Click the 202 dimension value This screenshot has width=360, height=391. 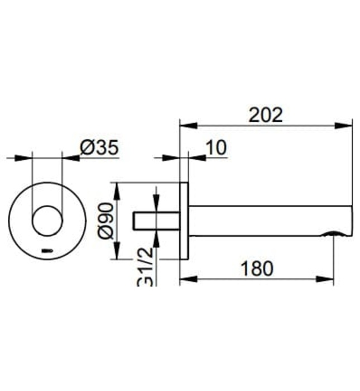click(266, 115)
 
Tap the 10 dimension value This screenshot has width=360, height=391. click(216, 148)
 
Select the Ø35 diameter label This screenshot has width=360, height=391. click(99, 148)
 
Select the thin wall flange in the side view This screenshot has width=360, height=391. click(184, 221)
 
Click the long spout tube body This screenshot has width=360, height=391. click(268, 221)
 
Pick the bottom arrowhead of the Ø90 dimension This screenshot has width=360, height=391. click(117, 254)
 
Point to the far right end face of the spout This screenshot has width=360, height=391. click(352, 220)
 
